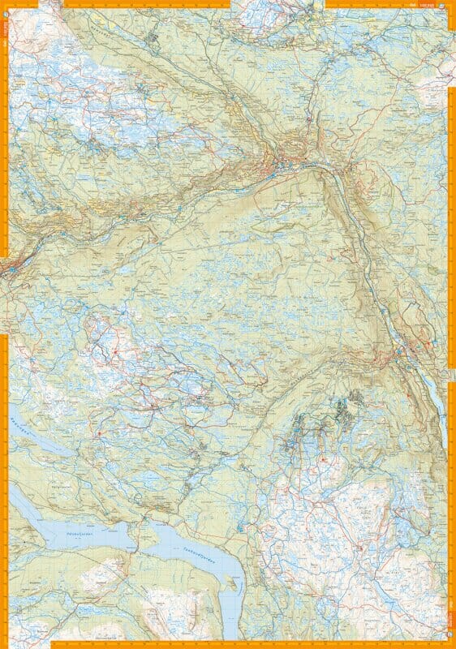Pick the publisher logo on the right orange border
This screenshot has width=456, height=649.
coord(452,604)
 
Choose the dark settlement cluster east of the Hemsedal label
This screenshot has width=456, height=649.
coord(154,37)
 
